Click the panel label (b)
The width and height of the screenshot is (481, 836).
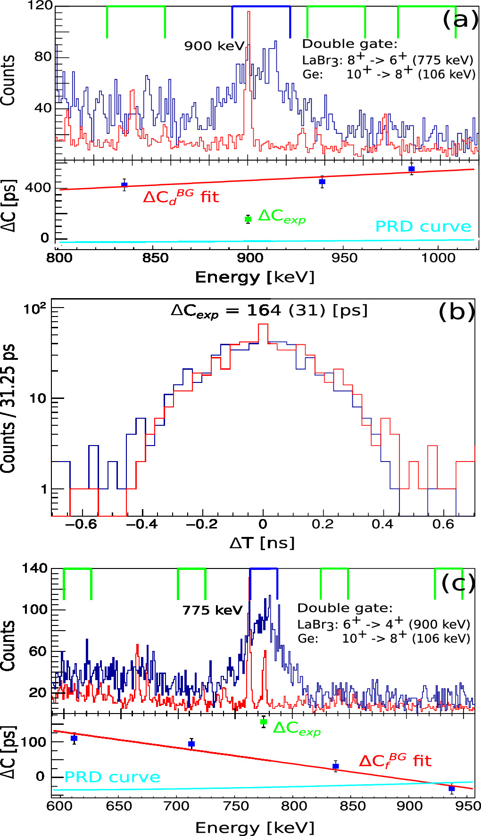[456, 311]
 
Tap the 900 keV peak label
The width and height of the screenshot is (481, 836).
[214, 46]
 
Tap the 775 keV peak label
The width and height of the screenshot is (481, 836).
[212, 610]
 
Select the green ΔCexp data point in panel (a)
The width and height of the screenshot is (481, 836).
[248, 219]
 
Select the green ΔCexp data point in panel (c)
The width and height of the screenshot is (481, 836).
[264, 722]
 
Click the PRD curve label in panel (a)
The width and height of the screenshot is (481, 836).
[423, 227]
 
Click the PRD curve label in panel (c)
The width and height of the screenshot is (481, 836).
[112, 777]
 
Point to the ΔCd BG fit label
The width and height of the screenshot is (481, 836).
[181, 196]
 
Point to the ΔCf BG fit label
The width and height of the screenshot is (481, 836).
[395, 761]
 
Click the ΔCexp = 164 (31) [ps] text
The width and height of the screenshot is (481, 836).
[269, 311]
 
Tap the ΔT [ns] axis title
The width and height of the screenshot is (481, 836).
[262, 543]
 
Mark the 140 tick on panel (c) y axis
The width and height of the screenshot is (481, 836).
[34, 568]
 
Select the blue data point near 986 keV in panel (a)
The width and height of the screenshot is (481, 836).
[411, 169]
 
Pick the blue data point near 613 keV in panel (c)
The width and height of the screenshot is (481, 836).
[74, 738]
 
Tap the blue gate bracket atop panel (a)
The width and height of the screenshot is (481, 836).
[261, 7]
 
